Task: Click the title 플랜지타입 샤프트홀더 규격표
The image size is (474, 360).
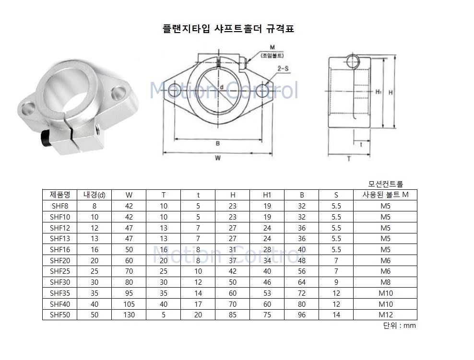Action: tap(228, 29)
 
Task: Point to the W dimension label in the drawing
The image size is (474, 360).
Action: tap(217, 158)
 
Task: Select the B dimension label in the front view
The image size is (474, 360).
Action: tap(217, 143)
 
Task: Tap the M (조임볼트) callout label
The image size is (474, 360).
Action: tap(272, 51)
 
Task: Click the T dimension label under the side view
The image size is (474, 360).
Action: tap(349, 159)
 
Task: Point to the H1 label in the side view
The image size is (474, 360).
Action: tap(378, 91)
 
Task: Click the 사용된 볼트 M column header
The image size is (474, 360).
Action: tap(385, 195)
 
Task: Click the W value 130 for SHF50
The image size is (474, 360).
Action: tap(129, 315)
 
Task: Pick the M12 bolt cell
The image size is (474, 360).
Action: tap(385, 315)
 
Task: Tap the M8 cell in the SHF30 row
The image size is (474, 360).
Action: tap(385, 282)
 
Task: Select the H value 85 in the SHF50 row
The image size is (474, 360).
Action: tap(232, 315)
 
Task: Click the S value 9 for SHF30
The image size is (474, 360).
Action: tap(336, 282)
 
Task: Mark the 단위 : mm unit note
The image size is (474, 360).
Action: tap(399, 325)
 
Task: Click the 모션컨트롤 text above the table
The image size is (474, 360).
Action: tap(385, 184)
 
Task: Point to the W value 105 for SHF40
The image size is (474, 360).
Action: tap(129, 304)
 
